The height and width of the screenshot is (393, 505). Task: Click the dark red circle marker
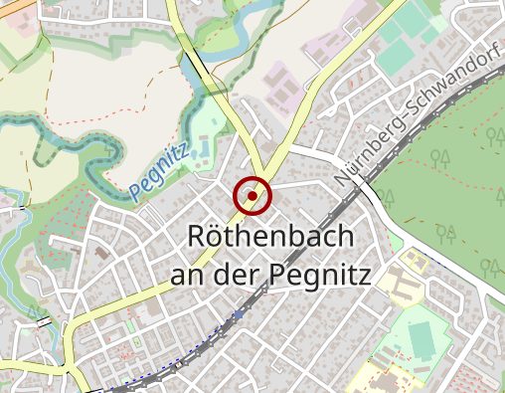tap(252, 195)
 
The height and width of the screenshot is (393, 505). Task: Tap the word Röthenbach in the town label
tap(270, 239)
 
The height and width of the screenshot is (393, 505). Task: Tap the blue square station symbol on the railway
tap(238, 313)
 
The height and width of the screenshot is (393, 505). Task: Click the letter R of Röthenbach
tap(199, 239)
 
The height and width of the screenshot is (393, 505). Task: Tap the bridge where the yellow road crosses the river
tap(199, 70)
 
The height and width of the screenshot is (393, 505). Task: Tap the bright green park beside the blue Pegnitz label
tap(204, 139)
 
